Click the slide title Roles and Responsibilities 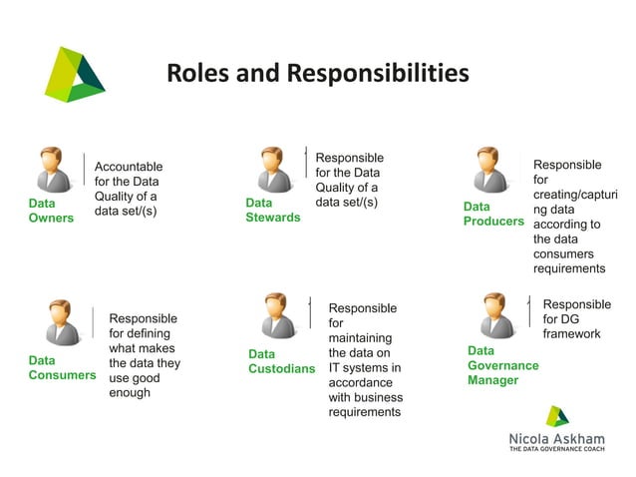[317, 74]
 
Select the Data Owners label [51, 211]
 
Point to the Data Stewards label [272, 210]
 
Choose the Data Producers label [492, 213]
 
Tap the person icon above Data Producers [488, 168]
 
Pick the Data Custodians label [281, 361]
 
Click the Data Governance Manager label [502, 365]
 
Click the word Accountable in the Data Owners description [129, 166]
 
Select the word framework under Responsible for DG [571, 334]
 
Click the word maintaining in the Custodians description [360, 338]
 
